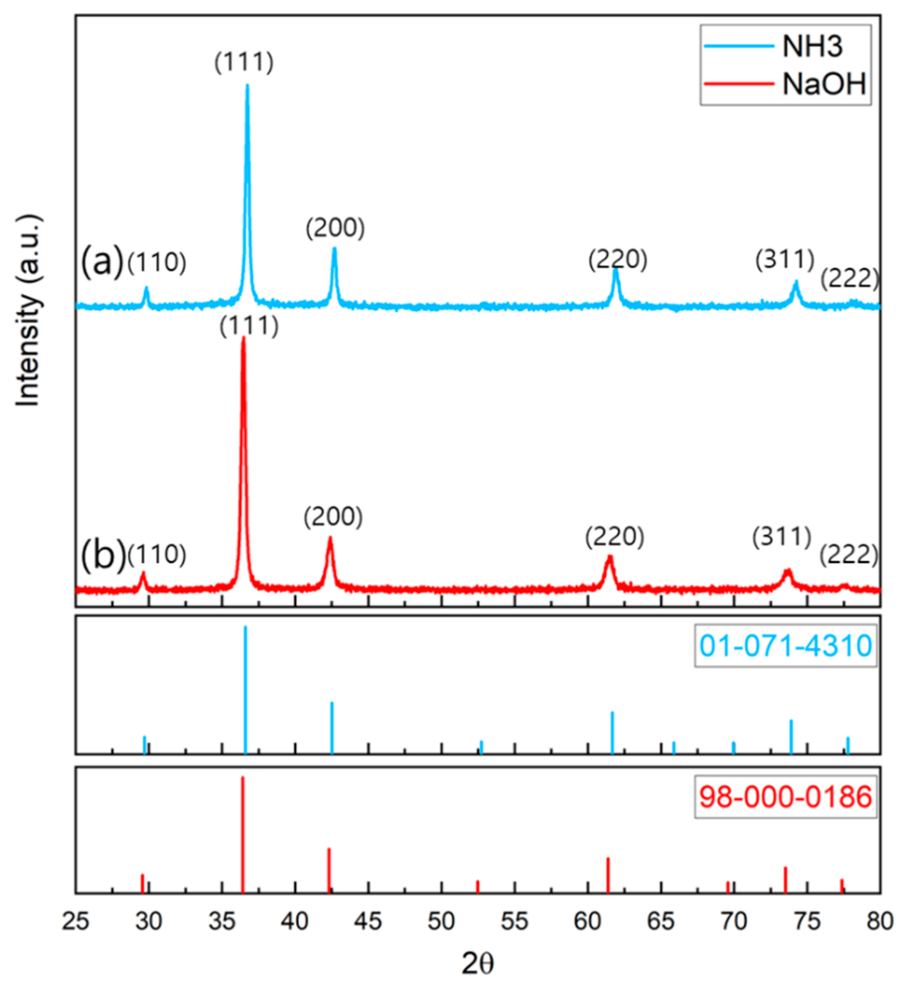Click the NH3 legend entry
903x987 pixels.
point(813,46)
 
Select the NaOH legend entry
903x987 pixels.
point(824,84)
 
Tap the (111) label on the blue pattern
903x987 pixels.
point(244,62)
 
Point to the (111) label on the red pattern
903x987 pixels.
point(248,326)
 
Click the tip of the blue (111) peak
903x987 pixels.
point(247,86)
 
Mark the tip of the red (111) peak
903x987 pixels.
point(243,338)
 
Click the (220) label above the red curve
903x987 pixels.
point(614,537)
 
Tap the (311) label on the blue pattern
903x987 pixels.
point(785,259)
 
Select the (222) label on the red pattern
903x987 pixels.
point(849,555)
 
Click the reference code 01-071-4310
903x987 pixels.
point(786,646)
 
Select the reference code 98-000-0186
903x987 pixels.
point(786,796)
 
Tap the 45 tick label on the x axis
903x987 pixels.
point(368,921)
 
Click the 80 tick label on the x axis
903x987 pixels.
point(879,921)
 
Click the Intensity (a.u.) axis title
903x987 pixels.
point(28,310)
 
